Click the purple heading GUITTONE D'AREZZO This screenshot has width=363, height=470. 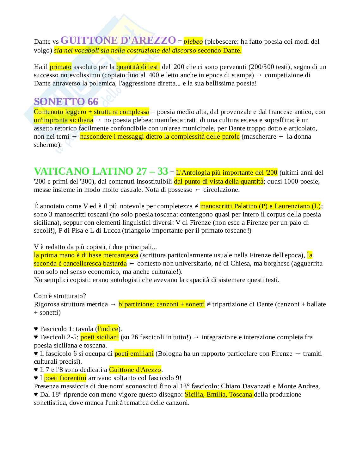coord(118,41)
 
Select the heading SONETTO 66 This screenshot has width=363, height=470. coord(66,102)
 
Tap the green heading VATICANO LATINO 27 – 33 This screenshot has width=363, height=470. coord(101,171)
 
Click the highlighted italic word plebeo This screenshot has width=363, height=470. coord(193,42)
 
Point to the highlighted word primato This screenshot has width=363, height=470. coord(61,67)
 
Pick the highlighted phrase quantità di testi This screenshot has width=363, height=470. coord(138,67)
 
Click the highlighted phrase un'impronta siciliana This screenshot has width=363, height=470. coord(64,120)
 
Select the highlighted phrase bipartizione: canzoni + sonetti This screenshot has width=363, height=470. coord(162,304)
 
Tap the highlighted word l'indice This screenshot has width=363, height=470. coord(108,329)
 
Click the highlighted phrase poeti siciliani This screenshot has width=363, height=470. coord(100,337)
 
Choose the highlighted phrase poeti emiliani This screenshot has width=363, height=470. coord(134,354)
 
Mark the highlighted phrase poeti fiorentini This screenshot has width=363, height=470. coord(65,378)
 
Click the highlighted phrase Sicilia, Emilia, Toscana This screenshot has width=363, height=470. coord(218,394)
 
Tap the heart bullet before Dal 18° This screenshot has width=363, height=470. coord(36,395)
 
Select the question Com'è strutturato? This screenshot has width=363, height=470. coord(60,296)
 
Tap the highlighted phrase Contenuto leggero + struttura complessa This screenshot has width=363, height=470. coord(91,112)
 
